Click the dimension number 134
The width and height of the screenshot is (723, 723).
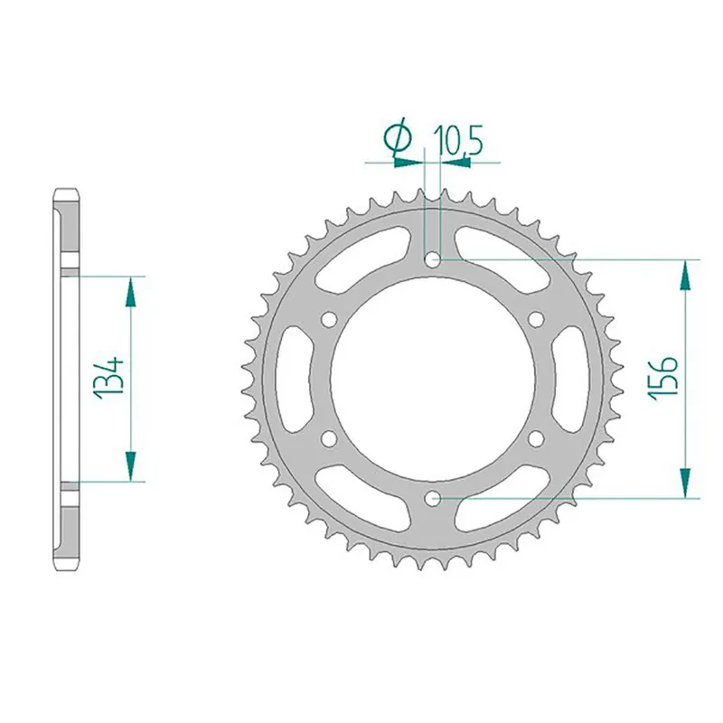(x=108, y=377)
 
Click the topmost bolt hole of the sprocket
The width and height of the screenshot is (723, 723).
(x=433, y=259)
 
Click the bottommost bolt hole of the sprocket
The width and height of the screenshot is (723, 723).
(x=433, y=497)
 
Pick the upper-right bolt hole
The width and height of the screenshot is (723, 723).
(x=536, y=319)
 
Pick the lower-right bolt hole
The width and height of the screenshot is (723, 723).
(x=536, y=438)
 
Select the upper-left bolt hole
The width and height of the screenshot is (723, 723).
(x=329, y=319)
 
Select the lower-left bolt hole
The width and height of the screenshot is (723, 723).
(x=329, y=438)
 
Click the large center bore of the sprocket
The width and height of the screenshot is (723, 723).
(x=433, y=379)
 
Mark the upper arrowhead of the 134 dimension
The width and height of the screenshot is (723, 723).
(x=132, y=290)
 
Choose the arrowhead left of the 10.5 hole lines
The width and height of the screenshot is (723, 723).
(x=409, y=163)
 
